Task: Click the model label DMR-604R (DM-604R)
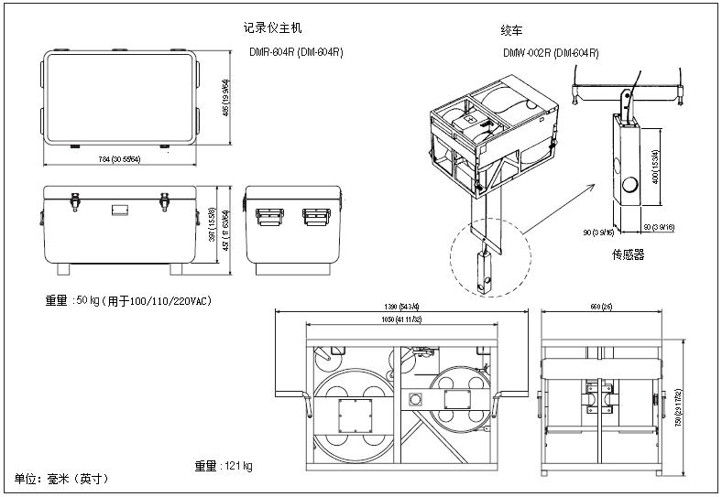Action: [296, 52]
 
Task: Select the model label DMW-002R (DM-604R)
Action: [551, 53]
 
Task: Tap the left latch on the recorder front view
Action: [75, 199]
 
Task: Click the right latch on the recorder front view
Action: [166, 199]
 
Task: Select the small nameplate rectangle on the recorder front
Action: [120, 211]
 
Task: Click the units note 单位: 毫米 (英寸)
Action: [61, 479]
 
